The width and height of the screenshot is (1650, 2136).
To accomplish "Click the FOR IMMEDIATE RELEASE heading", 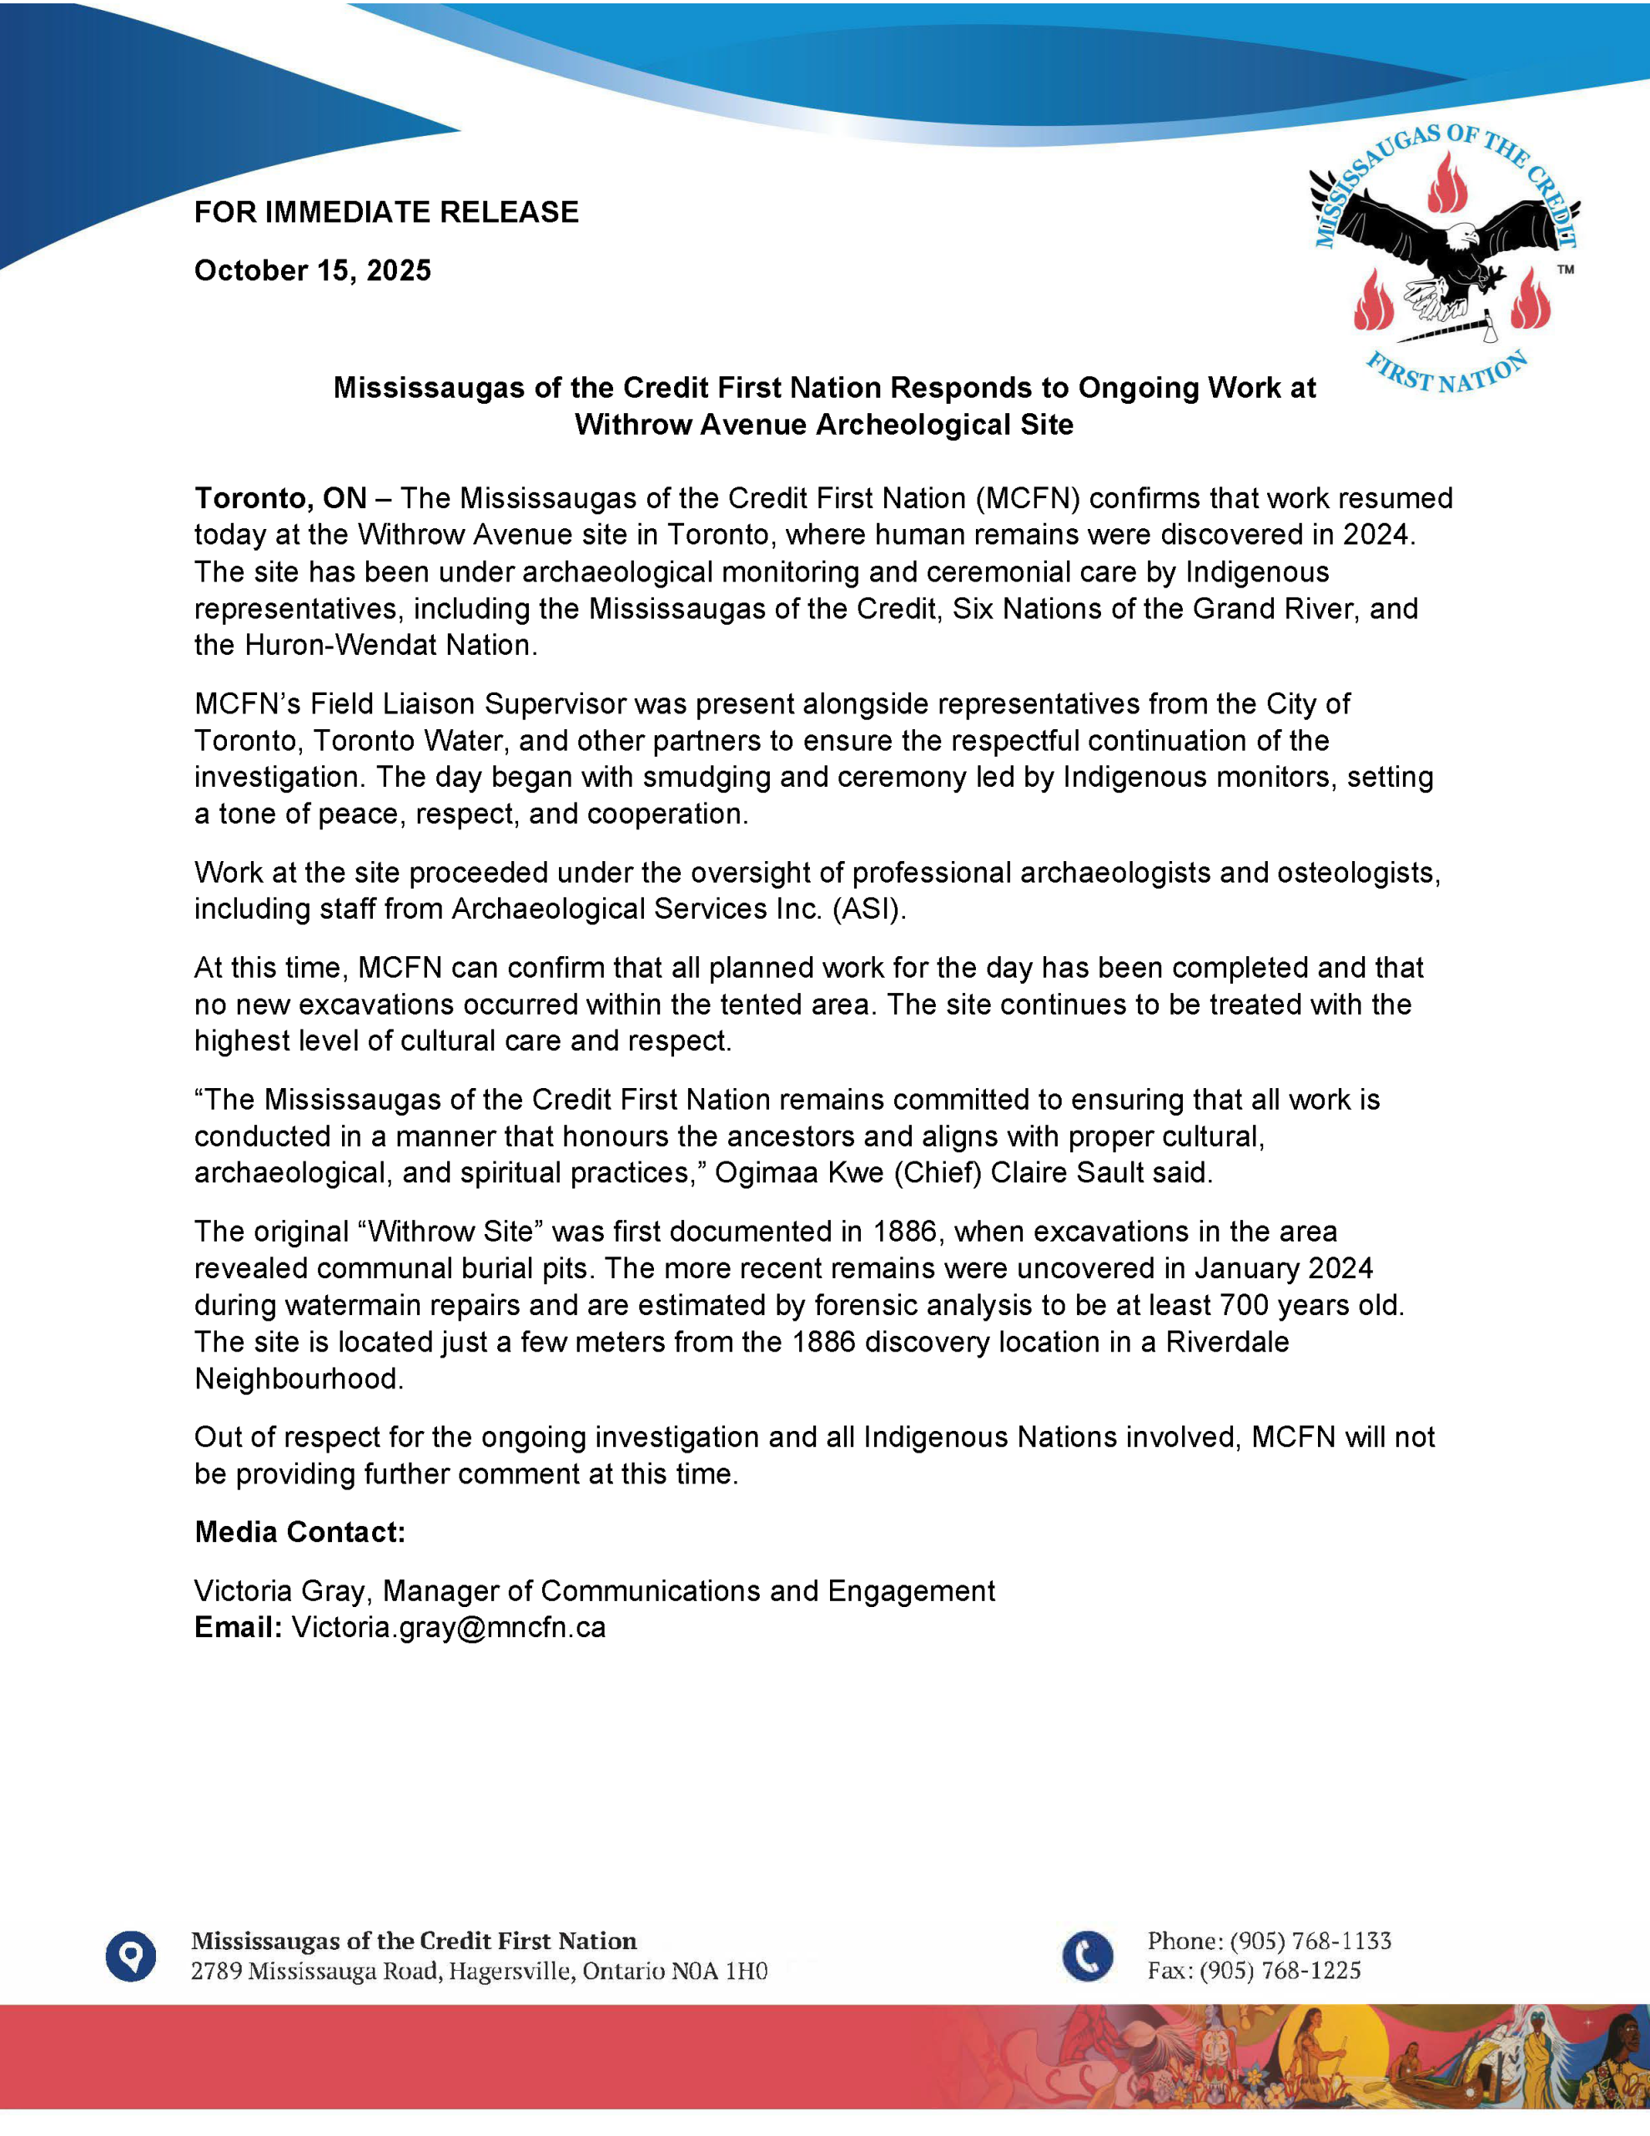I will [x=386, y=212].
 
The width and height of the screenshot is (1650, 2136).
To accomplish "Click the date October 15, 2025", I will [x=313, y=271].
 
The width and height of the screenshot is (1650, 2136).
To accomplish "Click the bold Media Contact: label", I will [x=300, y=1533].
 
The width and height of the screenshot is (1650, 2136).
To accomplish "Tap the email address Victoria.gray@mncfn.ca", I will [x=449, y=1627].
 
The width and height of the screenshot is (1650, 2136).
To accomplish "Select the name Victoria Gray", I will [x=282, y=1591].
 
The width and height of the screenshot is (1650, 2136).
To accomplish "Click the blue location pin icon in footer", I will [x=131, y=1956].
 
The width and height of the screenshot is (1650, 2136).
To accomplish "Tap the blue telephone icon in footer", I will [x=1088, y=1956].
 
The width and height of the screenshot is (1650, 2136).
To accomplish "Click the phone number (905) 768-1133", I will [x=1310, y=1942].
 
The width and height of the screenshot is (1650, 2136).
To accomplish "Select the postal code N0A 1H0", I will [x=720, y=1972].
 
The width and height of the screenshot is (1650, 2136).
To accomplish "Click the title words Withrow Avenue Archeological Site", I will [x=823, y=426].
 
